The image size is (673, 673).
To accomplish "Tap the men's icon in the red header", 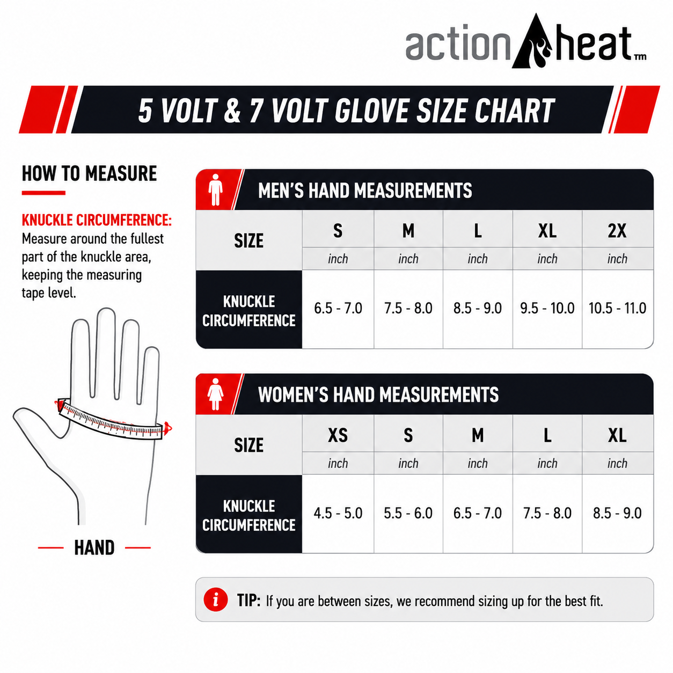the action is [215, 189].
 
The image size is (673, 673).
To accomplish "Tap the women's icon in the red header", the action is [215, 394].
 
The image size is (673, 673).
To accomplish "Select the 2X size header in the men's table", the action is [617, 230].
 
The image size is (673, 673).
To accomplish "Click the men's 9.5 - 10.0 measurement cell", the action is [547, 309].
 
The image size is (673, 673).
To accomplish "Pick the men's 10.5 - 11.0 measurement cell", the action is [617, 309].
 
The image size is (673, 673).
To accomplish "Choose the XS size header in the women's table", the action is [338, 435].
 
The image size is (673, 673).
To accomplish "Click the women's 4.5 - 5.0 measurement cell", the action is [338, 513].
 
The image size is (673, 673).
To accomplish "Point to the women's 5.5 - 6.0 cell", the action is [408, 513].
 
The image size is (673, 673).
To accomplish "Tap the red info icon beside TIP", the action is [216, 599].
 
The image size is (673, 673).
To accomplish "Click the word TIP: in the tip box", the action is [248, 601].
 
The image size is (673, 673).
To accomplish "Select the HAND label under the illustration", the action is [94, 547].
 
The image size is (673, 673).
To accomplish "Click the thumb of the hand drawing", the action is [39, 421].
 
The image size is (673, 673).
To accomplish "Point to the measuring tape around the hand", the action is [111, 421].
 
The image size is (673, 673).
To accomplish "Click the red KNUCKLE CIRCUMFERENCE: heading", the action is [97, 220].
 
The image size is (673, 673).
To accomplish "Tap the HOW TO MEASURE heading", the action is [90, 173].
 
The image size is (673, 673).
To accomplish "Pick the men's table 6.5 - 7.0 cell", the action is [338, 309].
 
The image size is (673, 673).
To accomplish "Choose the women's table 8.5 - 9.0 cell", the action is [617, 513].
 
